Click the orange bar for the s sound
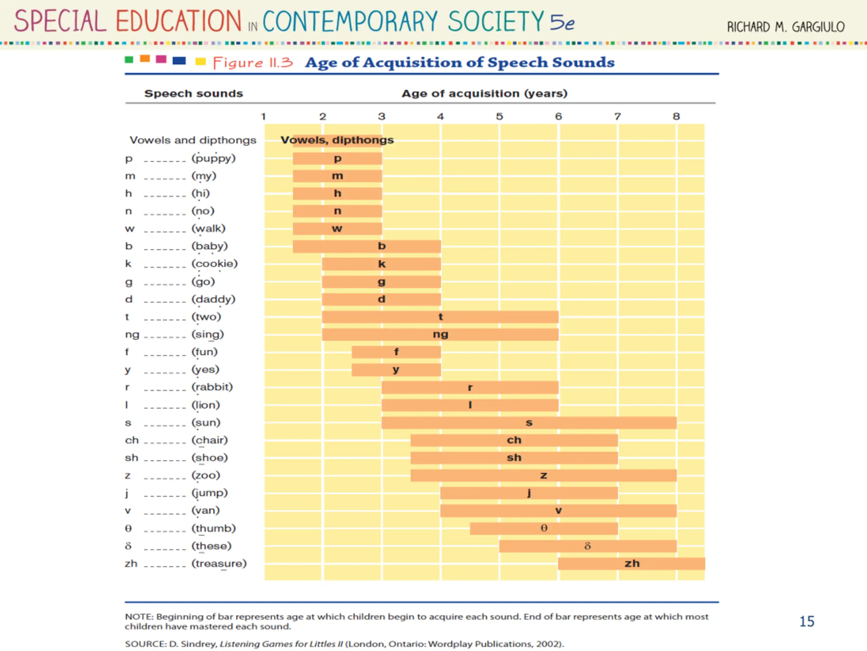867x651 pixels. click(x=529, y=422)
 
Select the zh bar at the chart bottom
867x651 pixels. click(x=631, y=564)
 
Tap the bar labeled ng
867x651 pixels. click(x=440, y=334)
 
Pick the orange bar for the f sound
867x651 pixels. click(x=396, y=352)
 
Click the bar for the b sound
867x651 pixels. click(x=367, y=246)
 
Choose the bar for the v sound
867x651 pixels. click(x=558, y=511)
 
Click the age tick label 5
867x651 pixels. click(x=499, y=117)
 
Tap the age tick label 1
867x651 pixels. click(x=263, y=117)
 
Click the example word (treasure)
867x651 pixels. click(x=219, y=564)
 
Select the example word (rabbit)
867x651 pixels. click(x=212, y=387)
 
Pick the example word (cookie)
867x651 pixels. click(x=214, y=264)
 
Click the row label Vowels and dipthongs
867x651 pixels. click(x=193, y=140)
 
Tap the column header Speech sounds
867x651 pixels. click(x=194, y=93)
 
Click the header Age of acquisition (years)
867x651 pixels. click(x=484, y=93)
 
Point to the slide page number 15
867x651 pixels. click(x=807, y=622)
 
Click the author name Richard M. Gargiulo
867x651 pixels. click(x=786, y=27)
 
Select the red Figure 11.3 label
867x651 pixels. click(x=253, y=63)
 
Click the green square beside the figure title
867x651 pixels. click(x=129, y=60)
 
